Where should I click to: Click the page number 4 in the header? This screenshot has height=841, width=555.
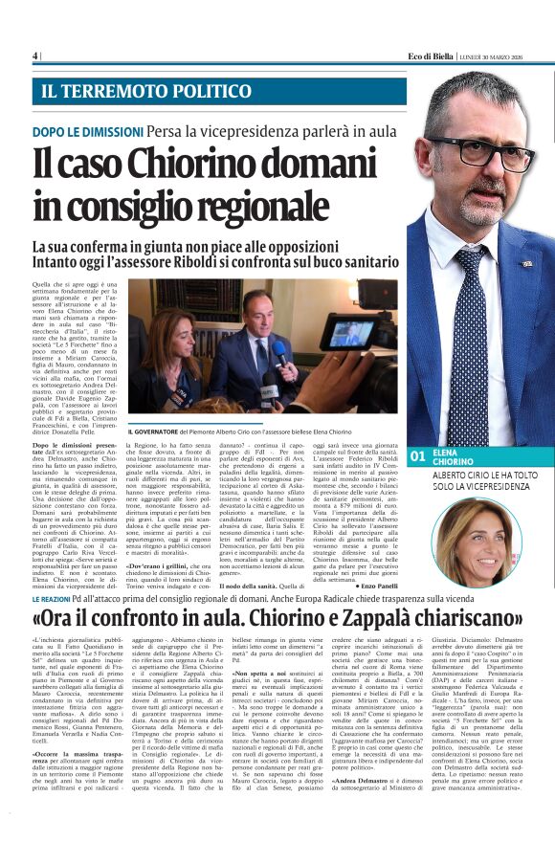pos(35,55)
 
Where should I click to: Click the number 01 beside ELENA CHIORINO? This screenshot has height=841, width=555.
pos(417,457)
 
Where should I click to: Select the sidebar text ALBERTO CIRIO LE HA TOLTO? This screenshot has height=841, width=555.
pos(482,476)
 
